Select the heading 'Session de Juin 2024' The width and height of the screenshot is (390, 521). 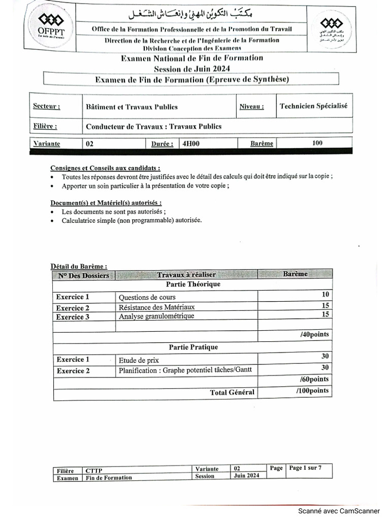[192, 69]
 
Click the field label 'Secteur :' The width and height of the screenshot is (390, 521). [46, 106]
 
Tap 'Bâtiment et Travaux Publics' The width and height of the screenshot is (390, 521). [132, 106]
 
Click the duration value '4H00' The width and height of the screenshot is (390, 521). [191, 143]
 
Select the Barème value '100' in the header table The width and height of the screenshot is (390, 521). [317, 143]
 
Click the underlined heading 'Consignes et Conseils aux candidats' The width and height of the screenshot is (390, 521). [105, 168]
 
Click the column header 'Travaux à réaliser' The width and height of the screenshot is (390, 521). [186, 275]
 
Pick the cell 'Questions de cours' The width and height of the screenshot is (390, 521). [147, 297]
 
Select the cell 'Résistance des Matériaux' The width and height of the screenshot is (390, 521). [156, 307]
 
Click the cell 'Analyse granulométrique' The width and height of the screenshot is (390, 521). [156, 316]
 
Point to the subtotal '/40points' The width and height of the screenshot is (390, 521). [314, 334]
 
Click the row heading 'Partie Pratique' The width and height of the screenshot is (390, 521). [193, 347]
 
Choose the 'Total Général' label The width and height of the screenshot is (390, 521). [232, 392]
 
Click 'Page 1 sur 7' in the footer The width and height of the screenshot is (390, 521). [305, 468]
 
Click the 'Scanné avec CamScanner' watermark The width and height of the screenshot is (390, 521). [338, 511]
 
